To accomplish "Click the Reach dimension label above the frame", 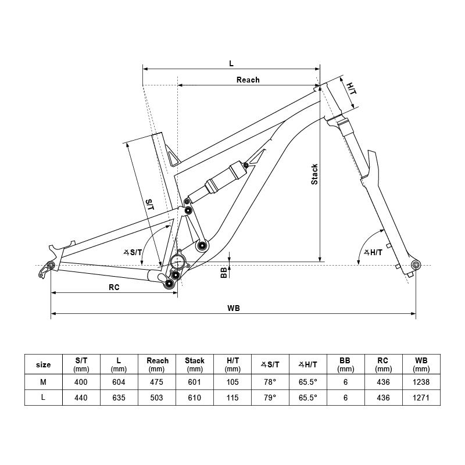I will [248, 80].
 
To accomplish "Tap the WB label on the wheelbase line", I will [234, 308].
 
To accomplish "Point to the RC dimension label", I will [114, 287].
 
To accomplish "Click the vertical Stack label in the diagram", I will [314, 174].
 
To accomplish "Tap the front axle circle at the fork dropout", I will [415, 265].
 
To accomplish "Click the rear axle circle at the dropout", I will [51, 266].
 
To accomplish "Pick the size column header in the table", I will [44, 365].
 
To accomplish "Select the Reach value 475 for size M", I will [157, 381].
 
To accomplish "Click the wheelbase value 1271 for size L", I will [421, 398].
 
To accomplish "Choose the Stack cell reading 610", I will [195, 398].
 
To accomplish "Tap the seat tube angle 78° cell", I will [270, 381].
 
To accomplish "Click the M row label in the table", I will [44, 381].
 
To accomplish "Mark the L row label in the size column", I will [44, 398].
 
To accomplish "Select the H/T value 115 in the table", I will [233, 398].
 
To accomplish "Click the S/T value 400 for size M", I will [81, 381].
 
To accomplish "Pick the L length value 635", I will [119, 398].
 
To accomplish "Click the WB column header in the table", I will [421, 364].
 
